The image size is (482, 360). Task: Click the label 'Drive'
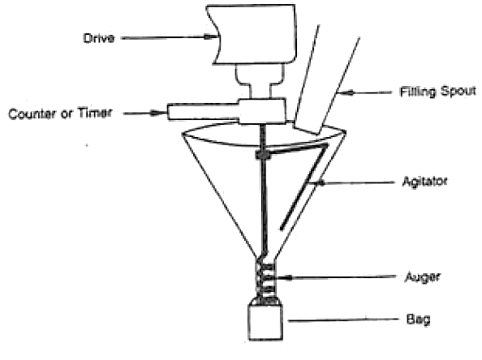pos(99,38)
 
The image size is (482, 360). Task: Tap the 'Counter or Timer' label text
pos(60,114)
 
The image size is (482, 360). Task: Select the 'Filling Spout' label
pos(437,92)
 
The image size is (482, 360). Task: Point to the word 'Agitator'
pos(424,182)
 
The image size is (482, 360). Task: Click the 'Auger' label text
pos(423,277)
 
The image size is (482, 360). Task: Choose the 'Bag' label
pos(418,319)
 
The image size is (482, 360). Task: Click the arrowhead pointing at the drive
pos(212,36)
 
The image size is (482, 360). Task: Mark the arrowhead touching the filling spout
pos(346,92)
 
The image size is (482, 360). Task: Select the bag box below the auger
pos(265,322)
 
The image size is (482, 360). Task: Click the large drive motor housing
pos(252,34)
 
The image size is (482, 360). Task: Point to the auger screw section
pos(265,281)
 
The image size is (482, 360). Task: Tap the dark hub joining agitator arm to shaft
pos(263,155)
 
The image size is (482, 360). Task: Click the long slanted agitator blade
pos(304,187)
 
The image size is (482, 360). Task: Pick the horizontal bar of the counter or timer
pos(204,112)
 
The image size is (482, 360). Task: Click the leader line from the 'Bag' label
pos(343,320)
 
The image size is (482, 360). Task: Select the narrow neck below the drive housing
pos(260,81)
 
